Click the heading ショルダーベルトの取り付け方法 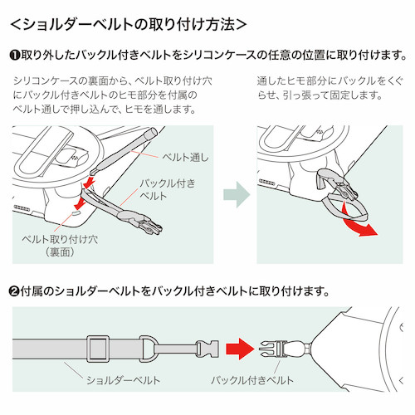pos(129,24)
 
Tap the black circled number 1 pos(15,55)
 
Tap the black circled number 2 pos(15,291)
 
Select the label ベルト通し pos(185,157)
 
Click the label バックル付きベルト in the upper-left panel pos(168,189)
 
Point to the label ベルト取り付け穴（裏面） pos(60,246)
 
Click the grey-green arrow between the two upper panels pos(237,194)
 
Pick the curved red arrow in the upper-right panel pos(357,222)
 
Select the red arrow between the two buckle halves pos(240,349)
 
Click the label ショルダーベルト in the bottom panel pos(124,380)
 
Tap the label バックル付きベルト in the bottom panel pos(252,380)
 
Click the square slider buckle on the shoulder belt pos(98,349)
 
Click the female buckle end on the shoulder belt pos(207,349)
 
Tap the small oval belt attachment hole pos(76,212)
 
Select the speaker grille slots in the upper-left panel pos(22,207)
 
